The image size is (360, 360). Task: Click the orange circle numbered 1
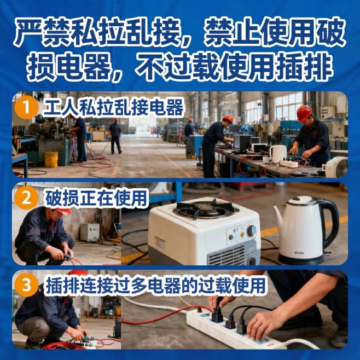click(24, 107)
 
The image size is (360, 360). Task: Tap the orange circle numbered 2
click(24, 198)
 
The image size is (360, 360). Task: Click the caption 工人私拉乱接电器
click(112, 107)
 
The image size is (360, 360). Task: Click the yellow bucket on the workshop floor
click(51, 159)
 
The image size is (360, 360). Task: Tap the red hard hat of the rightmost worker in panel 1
click(304, 113)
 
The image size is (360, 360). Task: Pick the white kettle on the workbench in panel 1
click(278, 153)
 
